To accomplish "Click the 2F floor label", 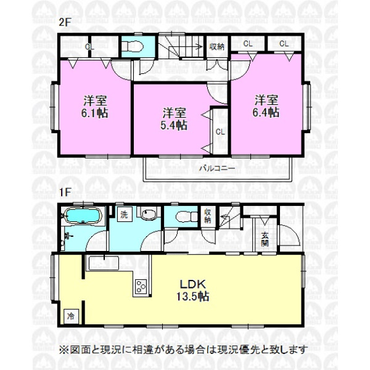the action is pos(65,22).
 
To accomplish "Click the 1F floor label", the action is pos(65,192).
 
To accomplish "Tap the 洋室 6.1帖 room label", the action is pos(95,107).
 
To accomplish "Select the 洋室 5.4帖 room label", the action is pos(174,119).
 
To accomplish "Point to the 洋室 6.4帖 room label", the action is pos(266,106).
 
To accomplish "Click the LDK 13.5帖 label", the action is pos(193,290).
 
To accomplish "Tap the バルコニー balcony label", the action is pos(217,168).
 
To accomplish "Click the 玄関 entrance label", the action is pos(265,239).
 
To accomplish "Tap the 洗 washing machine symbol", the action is pos(125,215).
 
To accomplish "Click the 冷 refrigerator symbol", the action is pos(70,316).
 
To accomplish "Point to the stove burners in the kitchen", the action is pos(141,286).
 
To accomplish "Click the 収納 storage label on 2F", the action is pos(216,46).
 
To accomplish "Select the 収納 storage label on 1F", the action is pos(207,216).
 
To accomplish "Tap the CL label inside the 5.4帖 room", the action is pos(220,132).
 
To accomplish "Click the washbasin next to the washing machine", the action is pos(149,213).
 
